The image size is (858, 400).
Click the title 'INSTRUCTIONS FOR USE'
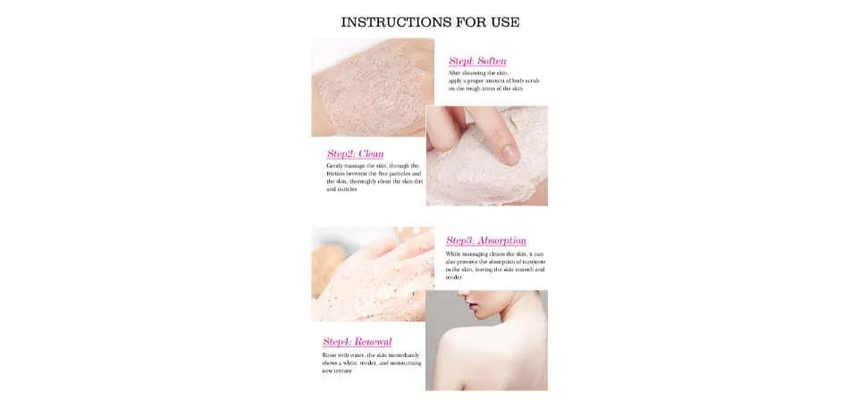tap(430, 21)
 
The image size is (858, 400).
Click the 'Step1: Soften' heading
tap(477, 61)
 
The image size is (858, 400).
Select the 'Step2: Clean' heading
tap(355, 154)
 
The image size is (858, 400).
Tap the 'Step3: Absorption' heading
tap(486, 240)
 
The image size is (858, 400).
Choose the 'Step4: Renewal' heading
tap(357, 341)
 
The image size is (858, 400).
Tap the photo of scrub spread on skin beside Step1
tap(372, 87)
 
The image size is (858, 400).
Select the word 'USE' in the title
tap(502, 21)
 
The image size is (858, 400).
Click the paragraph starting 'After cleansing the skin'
tap(493, 80)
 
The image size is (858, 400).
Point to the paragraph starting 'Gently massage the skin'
tap(374, 178)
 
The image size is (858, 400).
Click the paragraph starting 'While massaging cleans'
tap(494, 264)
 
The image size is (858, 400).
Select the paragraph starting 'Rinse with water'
tap(370, 362)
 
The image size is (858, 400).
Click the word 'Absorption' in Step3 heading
tap(501, 240)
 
